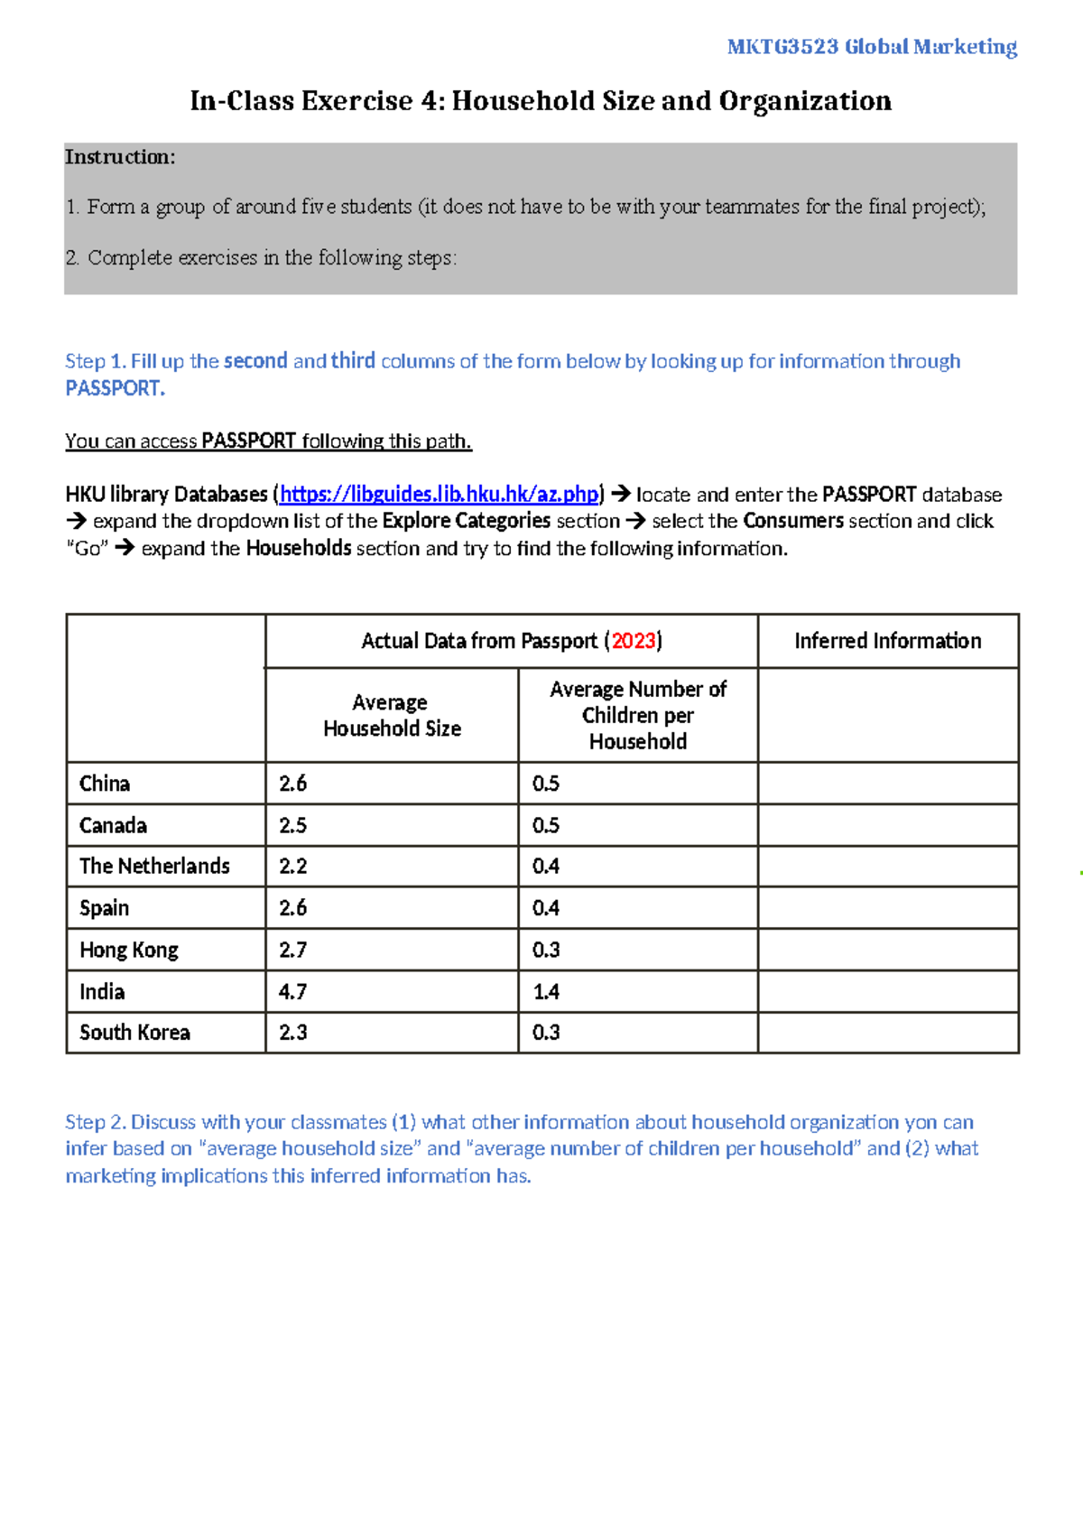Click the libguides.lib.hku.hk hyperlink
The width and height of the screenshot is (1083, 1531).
(x=440, y=495)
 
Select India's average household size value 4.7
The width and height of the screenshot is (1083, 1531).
(x=293, y=992)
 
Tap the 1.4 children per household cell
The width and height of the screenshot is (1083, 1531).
(x=546, y=992)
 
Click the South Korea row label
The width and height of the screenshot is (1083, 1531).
(x=134, y=1033)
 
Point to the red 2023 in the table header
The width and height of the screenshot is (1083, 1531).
(x=634, y=641)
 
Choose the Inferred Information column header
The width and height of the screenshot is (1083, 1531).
(x=887, y=641)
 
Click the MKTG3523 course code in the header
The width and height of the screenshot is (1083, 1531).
(x=782, y=47)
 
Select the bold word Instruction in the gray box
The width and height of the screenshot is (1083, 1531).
(x=118, y=157)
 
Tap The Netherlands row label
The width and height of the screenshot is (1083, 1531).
(x=154, y=867)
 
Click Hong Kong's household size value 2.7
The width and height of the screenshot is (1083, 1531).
(x=293, y=950)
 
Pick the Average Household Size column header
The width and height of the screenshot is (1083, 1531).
(x=392, y=715)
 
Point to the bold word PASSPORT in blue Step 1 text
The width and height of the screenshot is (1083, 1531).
(x=114, y=388)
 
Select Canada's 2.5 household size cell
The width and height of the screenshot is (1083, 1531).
(x=293, y=825)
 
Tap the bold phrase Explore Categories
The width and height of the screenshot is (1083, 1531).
(x=466, y=521)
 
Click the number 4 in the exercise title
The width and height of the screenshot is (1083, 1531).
(x=429, y=101)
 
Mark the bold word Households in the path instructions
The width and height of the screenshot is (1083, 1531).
(x=299, y=548)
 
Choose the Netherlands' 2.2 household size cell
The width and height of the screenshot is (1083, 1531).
(x=293, y=867)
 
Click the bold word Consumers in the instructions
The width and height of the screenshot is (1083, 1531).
(x=793, y=521)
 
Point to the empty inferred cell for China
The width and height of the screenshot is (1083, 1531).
(x=887, y=784)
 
